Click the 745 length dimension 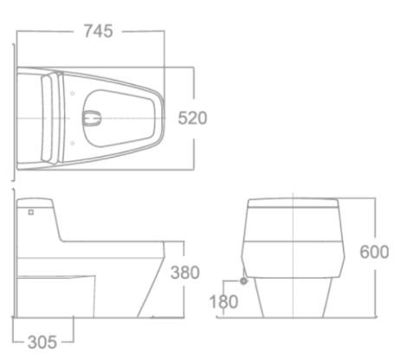(98, 31)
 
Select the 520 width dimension (192, 119)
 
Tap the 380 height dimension (184, 273)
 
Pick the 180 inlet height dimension (223, 303)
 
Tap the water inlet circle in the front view (244, 280)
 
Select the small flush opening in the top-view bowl (92, 114)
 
